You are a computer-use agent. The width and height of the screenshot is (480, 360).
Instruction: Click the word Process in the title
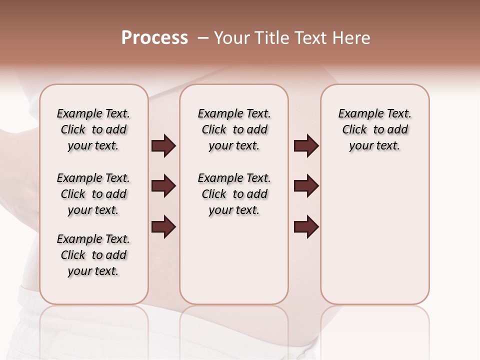click(x=154, y=38)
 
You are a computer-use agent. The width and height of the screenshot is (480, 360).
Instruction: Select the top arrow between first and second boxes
click(x=163, y=146)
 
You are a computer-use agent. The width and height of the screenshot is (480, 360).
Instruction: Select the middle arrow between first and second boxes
click(x=163, y=186)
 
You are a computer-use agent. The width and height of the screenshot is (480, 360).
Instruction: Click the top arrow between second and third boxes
click(x=306, y=146)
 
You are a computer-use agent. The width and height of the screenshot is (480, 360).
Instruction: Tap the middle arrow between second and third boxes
click(x=306, y=186)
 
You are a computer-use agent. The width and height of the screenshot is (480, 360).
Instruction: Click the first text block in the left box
click(x=93, y=129)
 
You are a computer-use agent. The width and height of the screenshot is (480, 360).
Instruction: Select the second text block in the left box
click(x=93, y=194)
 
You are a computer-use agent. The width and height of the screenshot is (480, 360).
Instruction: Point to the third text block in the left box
click(x=93, y=255)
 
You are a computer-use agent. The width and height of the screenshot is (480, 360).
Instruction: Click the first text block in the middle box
click(x=234, y=129)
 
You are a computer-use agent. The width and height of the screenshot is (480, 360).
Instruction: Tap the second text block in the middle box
click(x=234, y=194)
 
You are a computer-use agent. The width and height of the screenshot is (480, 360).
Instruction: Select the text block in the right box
click(x=375, y=129)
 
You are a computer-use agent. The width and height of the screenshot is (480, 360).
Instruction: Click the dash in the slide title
click(x=203, y=38)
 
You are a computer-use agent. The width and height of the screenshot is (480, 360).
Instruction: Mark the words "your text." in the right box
click(x=374, y=146)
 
